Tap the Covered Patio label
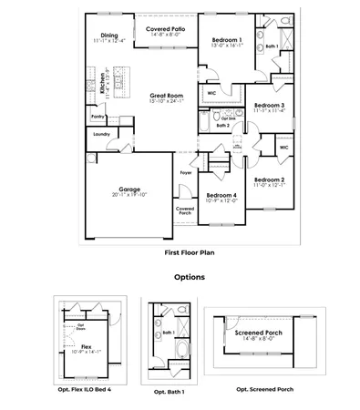point(166,29)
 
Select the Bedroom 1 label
point(226,39)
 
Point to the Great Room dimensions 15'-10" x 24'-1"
point(166,101)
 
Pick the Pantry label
point(98,117)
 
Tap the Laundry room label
point(101,134)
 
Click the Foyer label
point(185,172)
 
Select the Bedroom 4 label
point(221,195)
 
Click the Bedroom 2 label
point(270,179)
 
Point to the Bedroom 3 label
point(270,106)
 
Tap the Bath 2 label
point(221,125)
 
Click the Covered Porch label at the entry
point(185,211)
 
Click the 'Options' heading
point(189,277)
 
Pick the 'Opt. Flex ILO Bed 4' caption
point(85,389)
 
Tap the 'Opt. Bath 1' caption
point(170,392)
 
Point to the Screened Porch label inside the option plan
point(259,333)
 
